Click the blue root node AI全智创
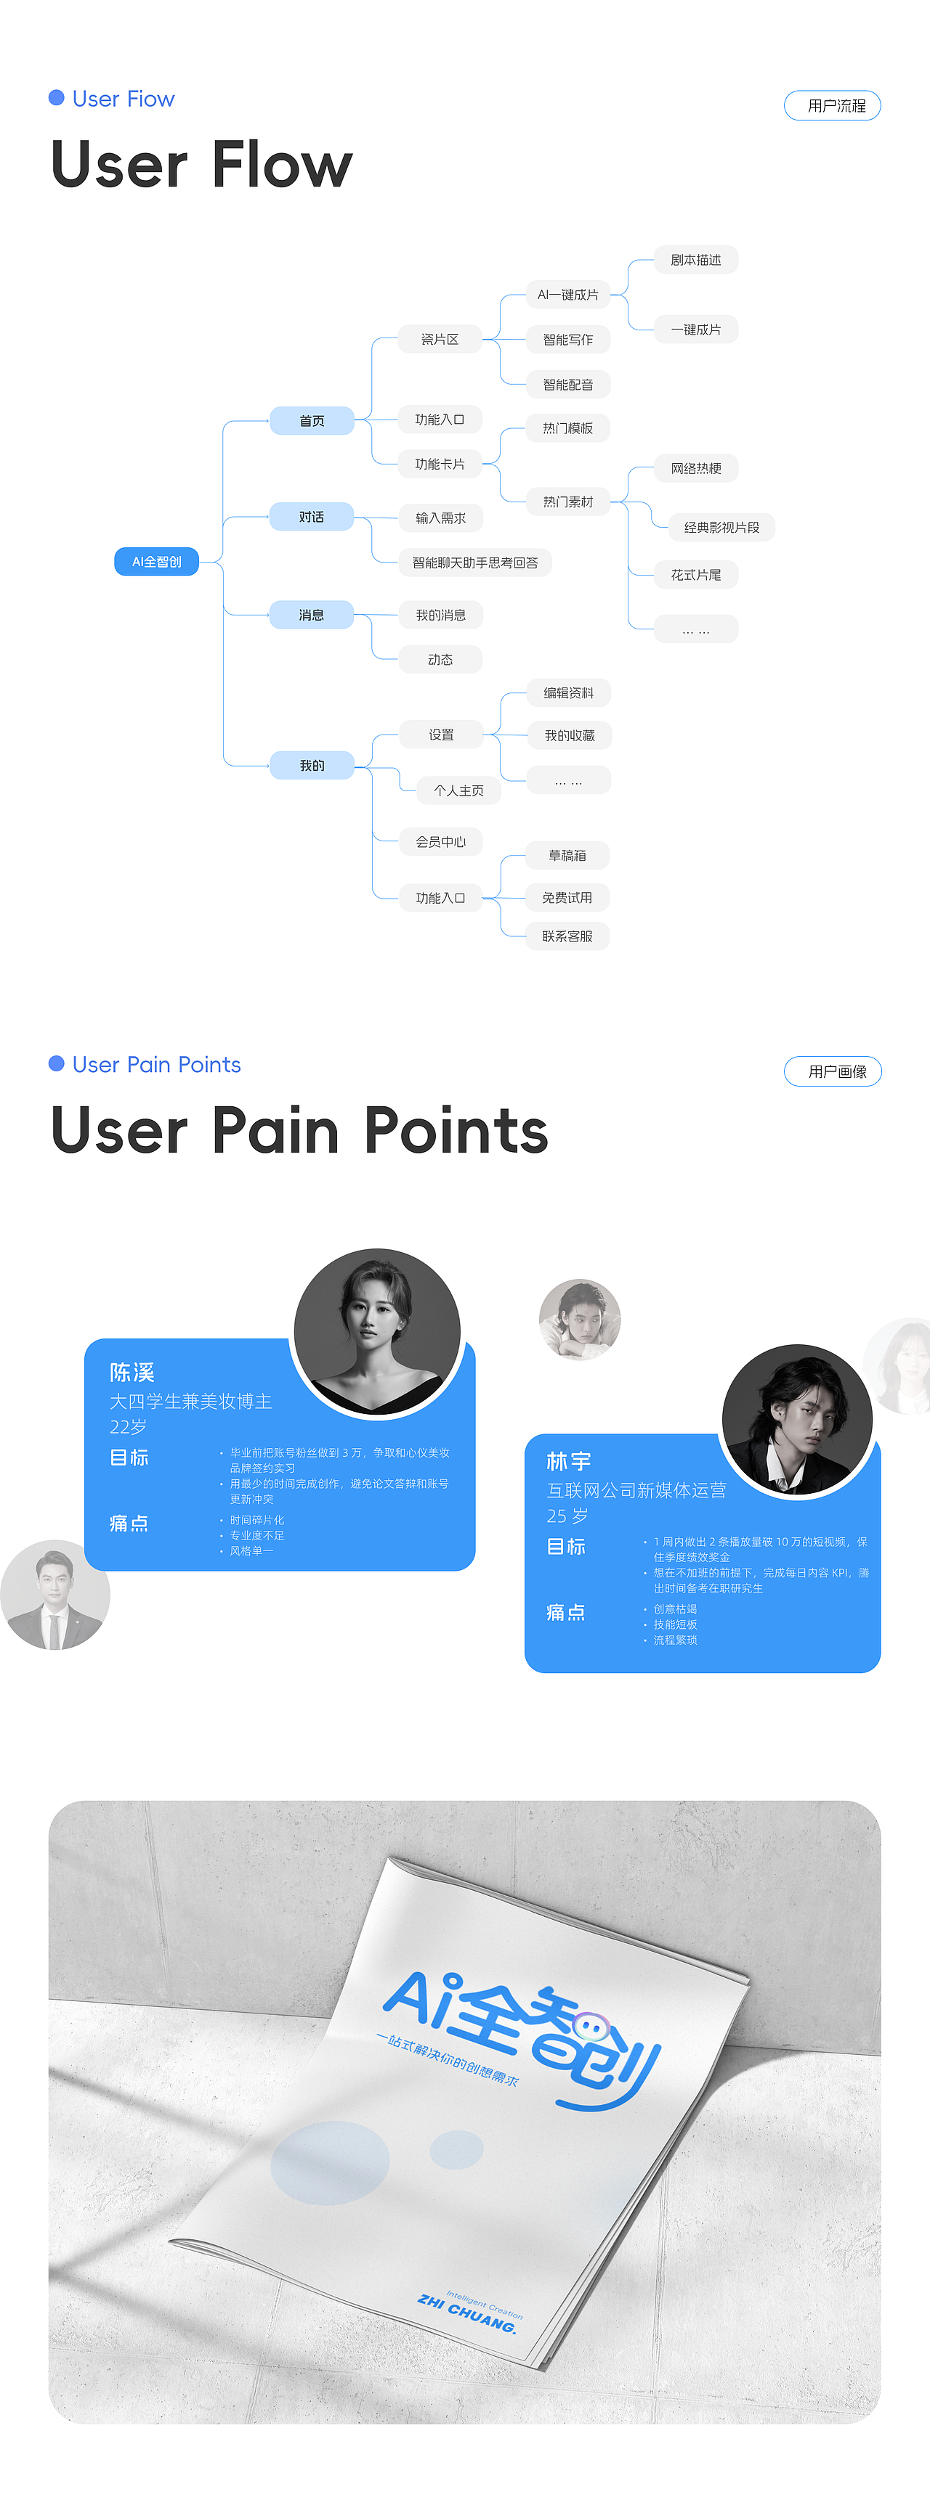pyautogui.click(x=157, y=563)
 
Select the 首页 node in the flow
pyautogui.click(x=312, y=421)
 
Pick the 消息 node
pyautogui.click(x=312, y=615)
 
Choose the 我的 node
pyautogui.click(x=312, y=766)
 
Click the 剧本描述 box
pyautogui.click(x=696, y=260)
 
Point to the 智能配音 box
pyautogui.click(x=568, y=385)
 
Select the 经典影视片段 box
pyautogui.click(x=721, y=527)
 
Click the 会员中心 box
pyautogui.click(x=440, y=842)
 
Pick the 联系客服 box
pyautogui.click(x=567, y=936)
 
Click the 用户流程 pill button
pyautogui.click(x=833, y=105)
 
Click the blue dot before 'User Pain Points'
pyautogui.click(x=57, y=1063)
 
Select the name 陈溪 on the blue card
pyautogui.click(x=132, y=1373)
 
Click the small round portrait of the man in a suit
pyautogui.click(x=55, y=1595)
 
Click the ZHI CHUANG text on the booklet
pyautogui.click(x=467, y=2314)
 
